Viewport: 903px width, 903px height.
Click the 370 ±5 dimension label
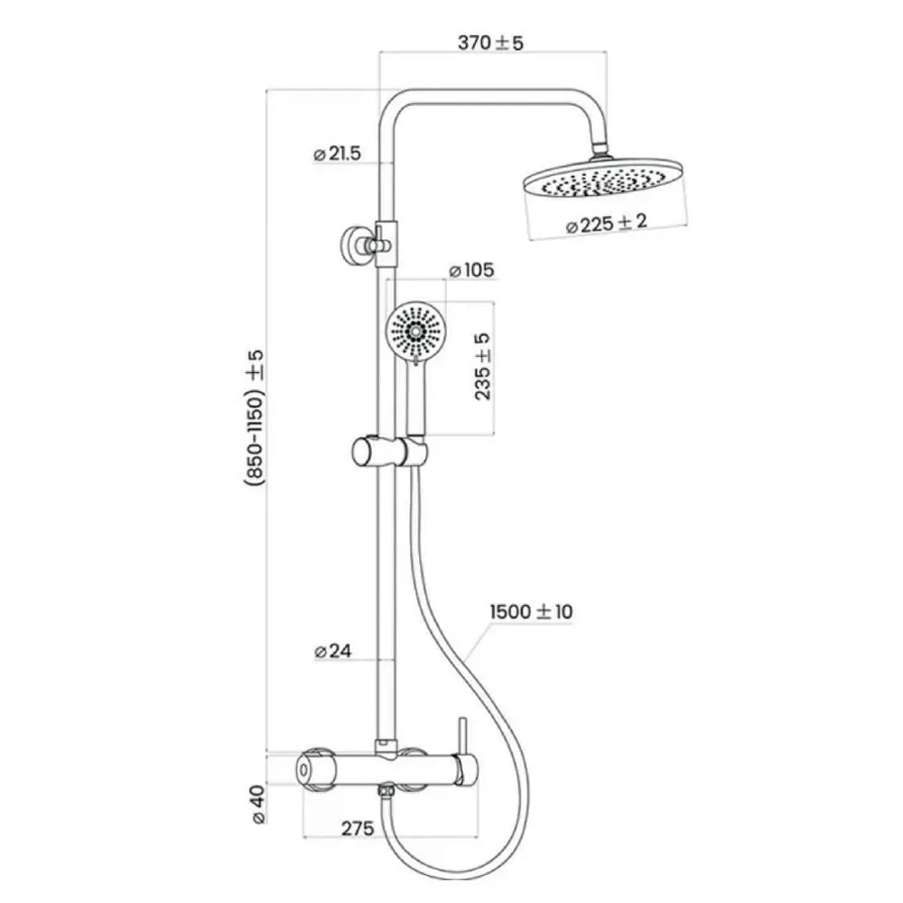coord(490,42)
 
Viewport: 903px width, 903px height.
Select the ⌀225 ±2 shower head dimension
coord(606,225)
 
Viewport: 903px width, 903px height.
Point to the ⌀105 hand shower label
coord(470,270)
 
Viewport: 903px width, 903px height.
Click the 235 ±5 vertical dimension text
coord(483,367)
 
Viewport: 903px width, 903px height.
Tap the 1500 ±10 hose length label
coord(531,612)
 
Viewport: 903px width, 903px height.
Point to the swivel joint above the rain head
coord(600,147)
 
